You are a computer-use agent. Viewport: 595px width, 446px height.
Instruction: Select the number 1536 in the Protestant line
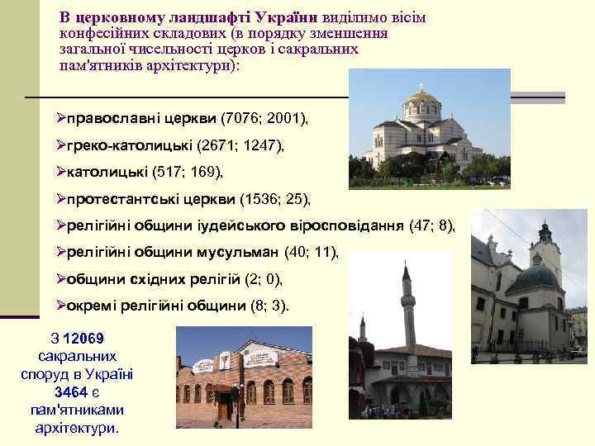tap(257, 199)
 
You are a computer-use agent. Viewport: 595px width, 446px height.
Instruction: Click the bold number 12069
tap(83, 339)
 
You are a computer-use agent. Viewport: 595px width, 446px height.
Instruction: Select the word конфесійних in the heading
tap(98, 33)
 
